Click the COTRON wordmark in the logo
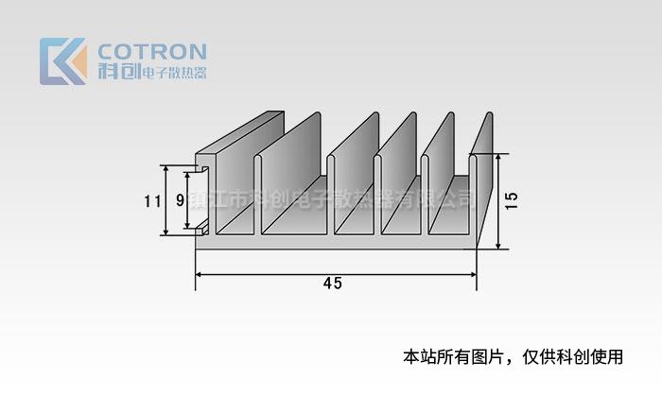pyautogui.click(x=151, y=51)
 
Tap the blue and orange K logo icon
pyautogui.click(x=62, y=61)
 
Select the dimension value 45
pyautogui.click(x=332, y=284)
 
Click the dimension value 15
pyautogui.click(x=512, y=200)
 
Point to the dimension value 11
pyautogui.click(x=151, y=200)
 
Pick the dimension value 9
pyautogui.click(x=180, y=200)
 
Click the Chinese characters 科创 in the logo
pyautogui.click(x=117, y=72)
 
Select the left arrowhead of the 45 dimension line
pyautogui.click(x=200, y=274)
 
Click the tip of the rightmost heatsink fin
pyautogui.click(x=489, y=117)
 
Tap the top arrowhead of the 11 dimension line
pyautogui.click(x=166, y=169)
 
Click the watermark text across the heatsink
pyautogui.click(x=331, y=199)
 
